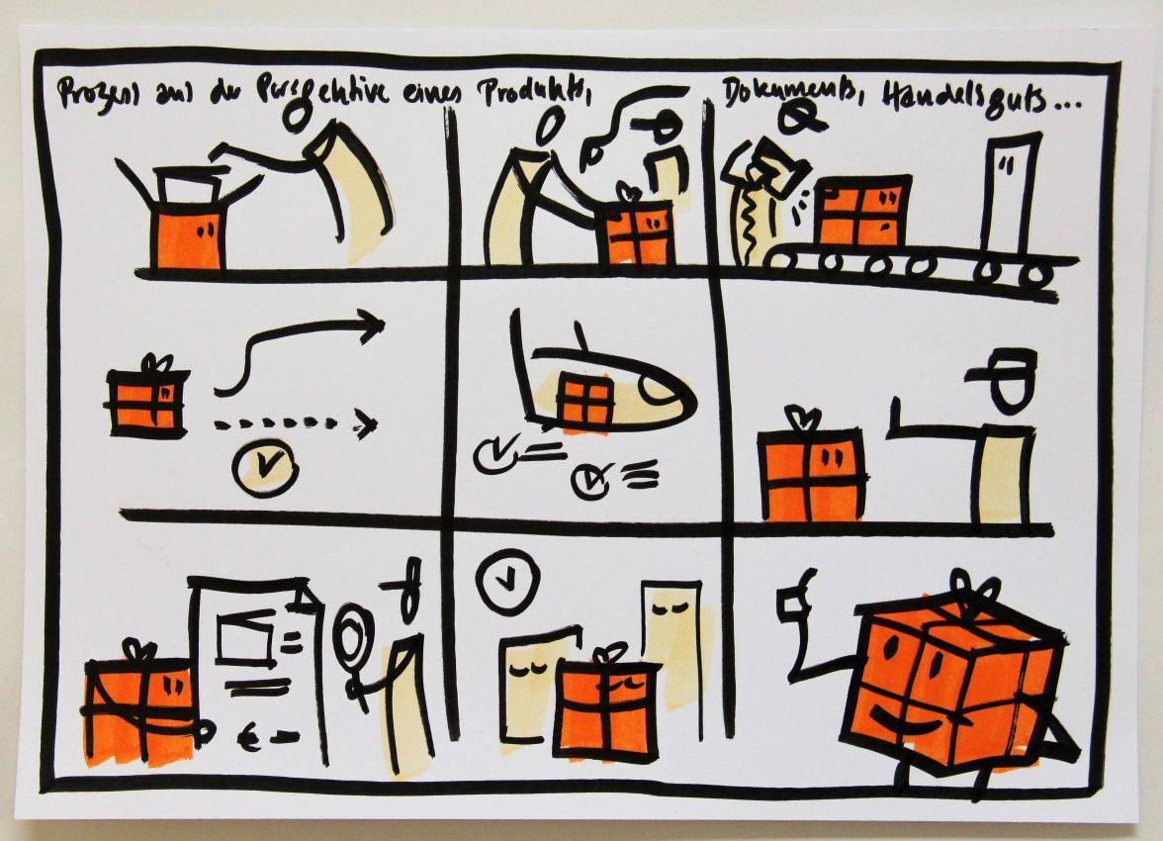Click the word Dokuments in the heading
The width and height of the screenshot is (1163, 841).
coord(780,96)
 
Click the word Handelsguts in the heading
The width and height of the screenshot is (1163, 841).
coord(954,99)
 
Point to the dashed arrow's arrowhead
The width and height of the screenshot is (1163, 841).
coord(367,424)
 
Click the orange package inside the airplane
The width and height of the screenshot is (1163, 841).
coord(584,401)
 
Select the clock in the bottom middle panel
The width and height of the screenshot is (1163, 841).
coord(507,582)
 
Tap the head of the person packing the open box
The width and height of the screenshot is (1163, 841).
coord(296,115)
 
